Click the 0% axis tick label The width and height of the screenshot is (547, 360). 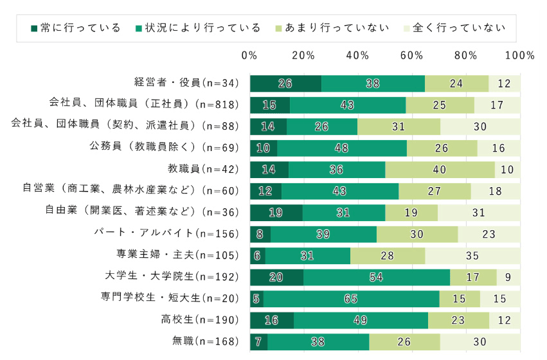coord(249,55)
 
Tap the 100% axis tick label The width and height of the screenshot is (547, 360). coord(520,55)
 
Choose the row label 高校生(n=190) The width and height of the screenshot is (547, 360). coord(200,319)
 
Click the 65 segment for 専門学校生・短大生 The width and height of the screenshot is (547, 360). coord(351,298)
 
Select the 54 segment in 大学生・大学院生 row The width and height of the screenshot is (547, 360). coord(377,277)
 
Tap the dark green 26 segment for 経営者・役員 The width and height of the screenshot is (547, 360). coord(285,84)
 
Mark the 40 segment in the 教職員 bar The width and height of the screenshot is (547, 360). coord(440,170)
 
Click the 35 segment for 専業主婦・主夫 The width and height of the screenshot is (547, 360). coord(473,256)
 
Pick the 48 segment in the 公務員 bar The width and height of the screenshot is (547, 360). coord(342,148)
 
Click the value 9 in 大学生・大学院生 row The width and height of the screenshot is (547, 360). coord(508,277)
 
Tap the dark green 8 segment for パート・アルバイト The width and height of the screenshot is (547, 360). coord(260,234)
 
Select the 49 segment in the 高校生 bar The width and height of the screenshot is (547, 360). coord(361,320)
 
